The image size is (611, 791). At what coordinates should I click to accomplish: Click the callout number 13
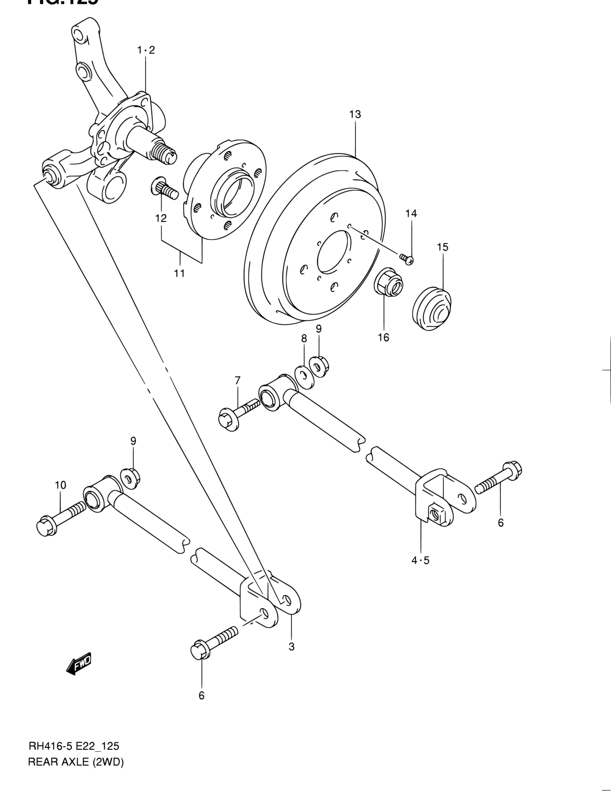[x=355, y=115]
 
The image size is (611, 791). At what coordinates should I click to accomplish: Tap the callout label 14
[x=411, y=213]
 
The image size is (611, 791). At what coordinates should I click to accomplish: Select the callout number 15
[x=442, y=247]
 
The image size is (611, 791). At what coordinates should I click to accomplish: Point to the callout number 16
[x=383, y=337]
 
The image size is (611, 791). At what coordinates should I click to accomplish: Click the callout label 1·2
[x=146, y=50]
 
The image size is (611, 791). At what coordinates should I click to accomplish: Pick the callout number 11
[x=179, y=273]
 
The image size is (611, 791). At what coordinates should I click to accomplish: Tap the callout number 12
[x=161, y=218]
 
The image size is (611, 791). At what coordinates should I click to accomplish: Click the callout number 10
[x=60, y=485]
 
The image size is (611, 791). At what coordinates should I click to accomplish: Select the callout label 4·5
[x=420, y=560]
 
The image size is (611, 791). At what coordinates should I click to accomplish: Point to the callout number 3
[x=291, y=647]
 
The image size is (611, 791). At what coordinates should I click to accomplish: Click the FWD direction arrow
[x=79, y=664]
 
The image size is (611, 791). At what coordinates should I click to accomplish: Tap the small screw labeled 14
[x=407, y=259]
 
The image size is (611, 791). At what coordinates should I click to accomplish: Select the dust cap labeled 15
[x=432, y=309]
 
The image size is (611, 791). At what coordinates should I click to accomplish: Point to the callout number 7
[x=237, y=381]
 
